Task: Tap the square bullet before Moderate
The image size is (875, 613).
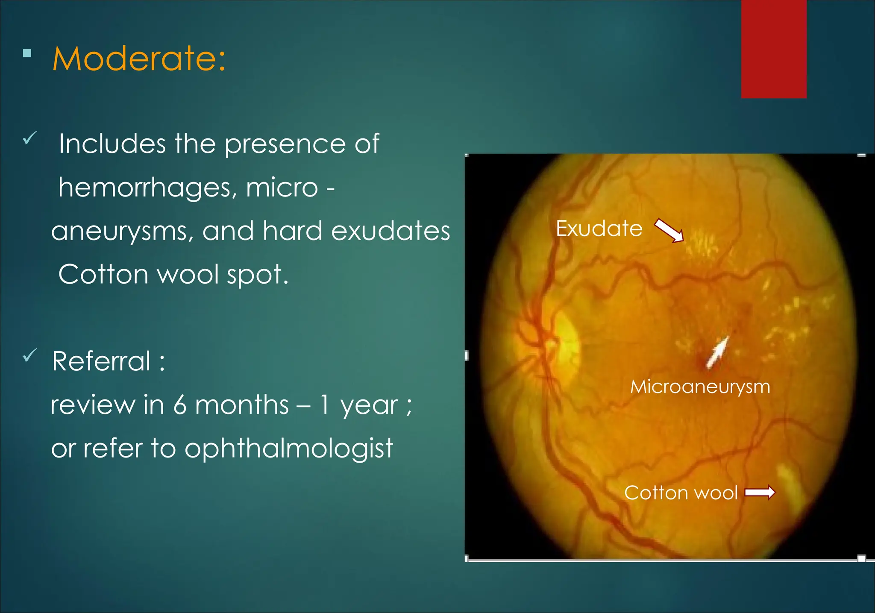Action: [x=27, y=53]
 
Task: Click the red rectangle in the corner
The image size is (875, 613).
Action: [x=773, y=49]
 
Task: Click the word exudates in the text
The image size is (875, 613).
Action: [x=391, y=231]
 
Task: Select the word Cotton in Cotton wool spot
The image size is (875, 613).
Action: [x=103, y=274]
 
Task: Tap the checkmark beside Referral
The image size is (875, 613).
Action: [x=29, y=355]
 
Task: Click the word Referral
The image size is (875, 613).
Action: [x=101, y=361]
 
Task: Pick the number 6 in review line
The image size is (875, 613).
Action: [x=180, y=405]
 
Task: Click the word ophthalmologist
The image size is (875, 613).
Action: [x=288, y=449]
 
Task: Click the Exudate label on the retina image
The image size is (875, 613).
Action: [x=599, y=229]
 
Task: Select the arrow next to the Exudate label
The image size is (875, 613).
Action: [x=669, y=231]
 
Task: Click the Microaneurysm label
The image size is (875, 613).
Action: [x=700, y=387]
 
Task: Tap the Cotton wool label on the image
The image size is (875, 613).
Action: [x=681, y=493]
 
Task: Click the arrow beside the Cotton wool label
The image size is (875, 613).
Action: [x=760, y=493]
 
